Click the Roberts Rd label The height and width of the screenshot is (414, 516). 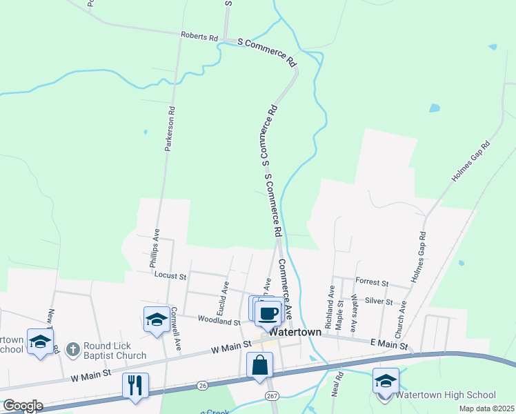click(199, 36)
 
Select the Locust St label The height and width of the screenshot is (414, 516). click(170, 276)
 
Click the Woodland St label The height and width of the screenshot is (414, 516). click(219, 321)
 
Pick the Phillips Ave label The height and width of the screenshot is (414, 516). click(154, 248)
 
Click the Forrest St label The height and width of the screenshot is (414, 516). click(373, 283)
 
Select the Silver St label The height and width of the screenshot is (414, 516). click(379, 302)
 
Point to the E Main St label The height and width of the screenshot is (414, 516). click(390, 343)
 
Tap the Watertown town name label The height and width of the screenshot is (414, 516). click(295, 332)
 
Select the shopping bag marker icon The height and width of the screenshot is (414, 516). click(260, 365)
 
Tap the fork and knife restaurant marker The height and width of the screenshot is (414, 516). click(135, 384)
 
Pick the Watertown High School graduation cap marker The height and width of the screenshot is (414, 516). click(386, 381)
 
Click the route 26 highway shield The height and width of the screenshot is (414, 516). click(202, 384)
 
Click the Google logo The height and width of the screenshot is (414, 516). click(23, 406)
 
